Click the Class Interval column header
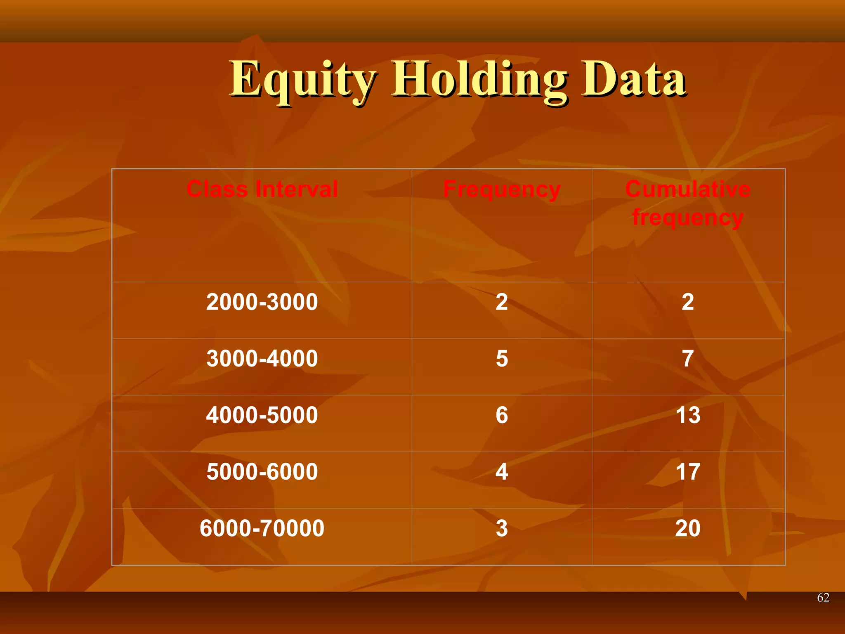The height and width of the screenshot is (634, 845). (262, 189)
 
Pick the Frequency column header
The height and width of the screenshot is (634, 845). (502, 189)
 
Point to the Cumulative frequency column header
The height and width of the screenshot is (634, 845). (688, 203)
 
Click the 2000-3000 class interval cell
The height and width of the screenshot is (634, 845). (262, 302)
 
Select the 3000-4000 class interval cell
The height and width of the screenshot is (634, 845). (262, 359)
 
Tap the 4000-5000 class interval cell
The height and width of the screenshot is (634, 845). (262, 415)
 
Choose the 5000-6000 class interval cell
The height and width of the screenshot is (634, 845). (262, 472)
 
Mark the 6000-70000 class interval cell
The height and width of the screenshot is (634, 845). (262, 528)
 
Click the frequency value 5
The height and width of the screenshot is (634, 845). (502, 359)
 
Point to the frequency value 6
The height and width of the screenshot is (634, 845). (502, 415)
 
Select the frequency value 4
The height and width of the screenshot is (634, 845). (502, 472)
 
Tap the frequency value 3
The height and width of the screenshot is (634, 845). (502, 528)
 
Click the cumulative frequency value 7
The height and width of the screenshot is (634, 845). (688, 359)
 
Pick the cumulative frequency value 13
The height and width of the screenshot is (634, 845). (688, 415)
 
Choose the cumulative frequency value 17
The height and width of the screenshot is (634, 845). (688, 472)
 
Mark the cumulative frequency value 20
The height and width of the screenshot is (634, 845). (688, 528)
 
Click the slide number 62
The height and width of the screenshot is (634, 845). (823, 597)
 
